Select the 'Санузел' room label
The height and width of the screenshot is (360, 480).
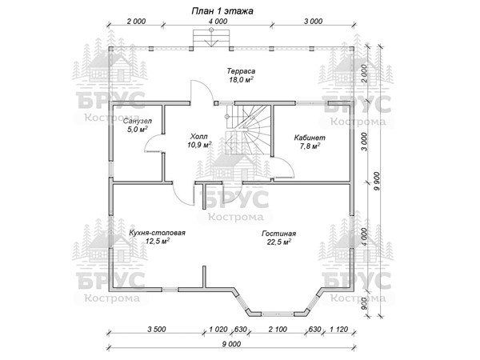139,119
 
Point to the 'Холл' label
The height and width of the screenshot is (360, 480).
198,136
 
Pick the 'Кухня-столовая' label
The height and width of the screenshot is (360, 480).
157,233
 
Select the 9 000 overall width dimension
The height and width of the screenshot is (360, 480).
231,343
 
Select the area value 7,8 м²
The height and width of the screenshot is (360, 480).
310,147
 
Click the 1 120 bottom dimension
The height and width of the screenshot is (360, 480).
334,328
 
